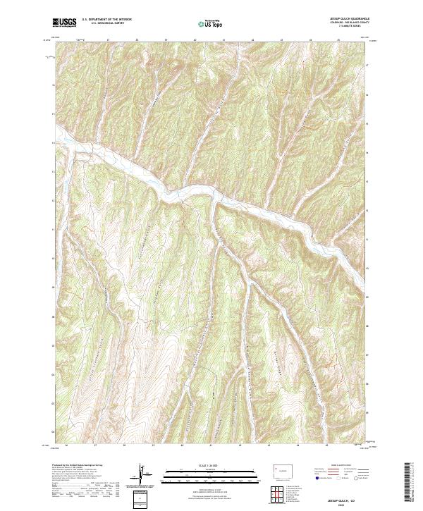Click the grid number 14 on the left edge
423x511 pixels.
(54, 143)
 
